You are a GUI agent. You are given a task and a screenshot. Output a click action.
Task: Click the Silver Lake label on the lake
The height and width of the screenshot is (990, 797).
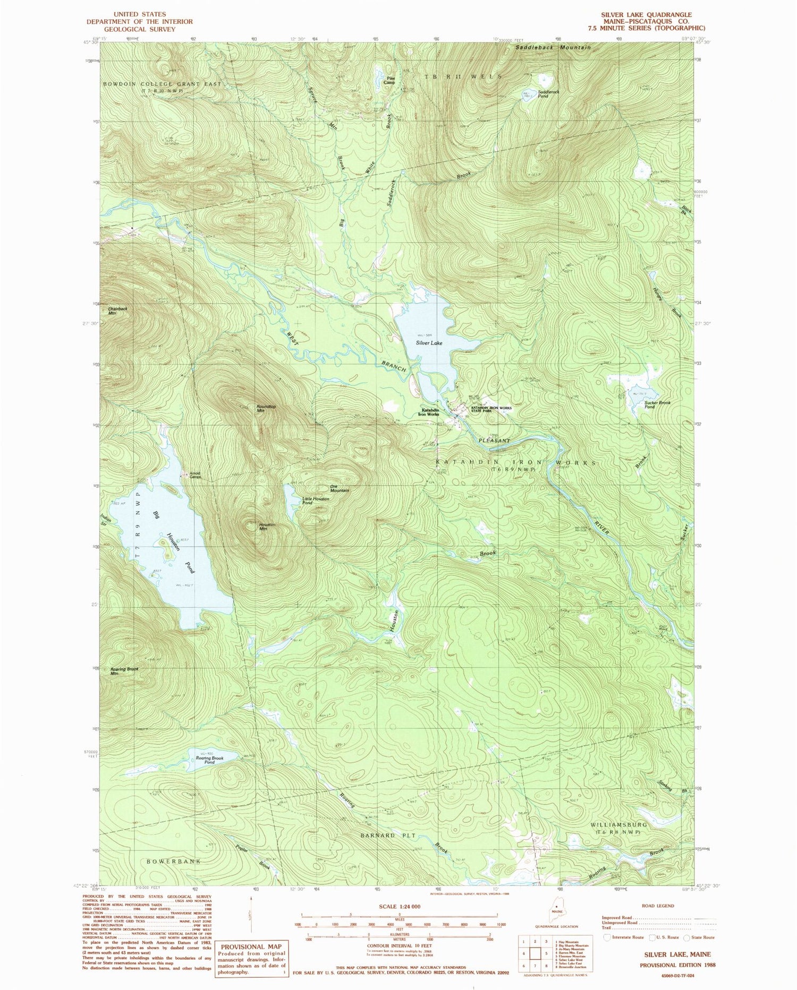pyautogui.click(x=429, y=343)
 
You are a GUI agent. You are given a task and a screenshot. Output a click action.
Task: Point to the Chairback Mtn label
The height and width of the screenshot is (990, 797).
pyautogui.click(x=117, y=311)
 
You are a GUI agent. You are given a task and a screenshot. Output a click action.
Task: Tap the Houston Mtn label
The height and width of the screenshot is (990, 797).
pyautogui.click(x=266, y=527)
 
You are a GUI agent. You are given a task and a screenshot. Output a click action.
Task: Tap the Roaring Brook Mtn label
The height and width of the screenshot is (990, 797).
pyautogui.click(x=124, y=671)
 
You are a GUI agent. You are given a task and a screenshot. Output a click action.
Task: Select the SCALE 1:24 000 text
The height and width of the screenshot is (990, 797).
pyautogui.click(x=397, y=907)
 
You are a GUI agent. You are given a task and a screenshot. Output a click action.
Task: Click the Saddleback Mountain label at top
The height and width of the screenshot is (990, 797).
pyautogui.click(x=553, y=48)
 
